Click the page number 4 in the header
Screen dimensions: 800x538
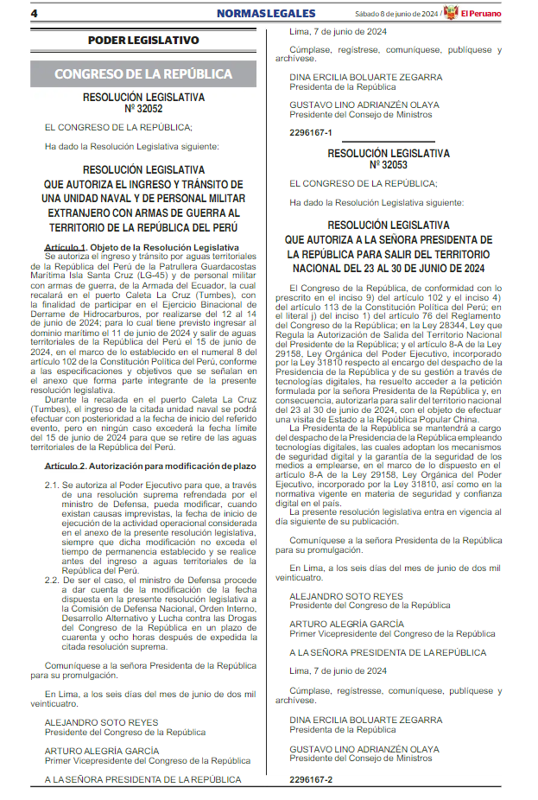pyautogui.click(x=35, y=14)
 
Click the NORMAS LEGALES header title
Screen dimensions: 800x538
pyautogui.click(x=264, y=14)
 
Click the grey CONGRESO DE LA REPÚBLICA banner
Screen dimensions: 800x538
pyautogui.click(x=143, y=73)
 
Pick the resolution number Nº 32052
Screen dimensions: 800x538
pyautogui.click(x=143, y=109)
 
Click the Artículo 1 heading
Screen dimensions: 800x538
pyautogui.click(x=66, y=248)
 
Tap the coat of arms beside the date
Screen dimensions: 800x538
pyautogui.click(x=450, y=14)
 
